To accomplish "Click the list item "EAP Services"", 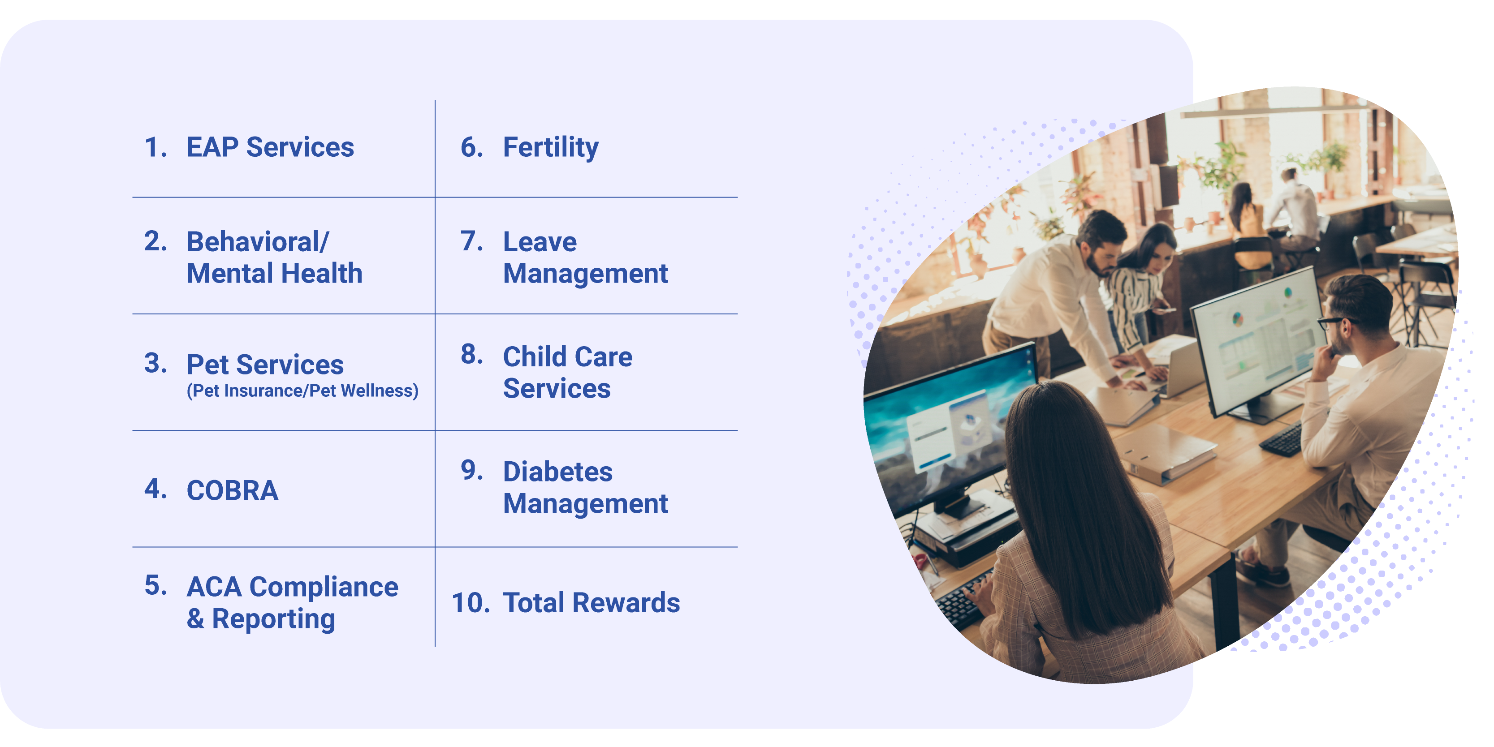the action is [270, 147].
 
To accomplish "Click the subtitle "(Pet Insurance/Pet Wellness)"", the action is [302, 391].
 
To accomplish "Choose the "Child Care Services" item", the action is [567, 372].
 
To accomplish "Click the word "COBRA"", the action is [232, 490].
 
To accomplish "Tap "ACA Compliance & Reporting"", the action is [292, 603].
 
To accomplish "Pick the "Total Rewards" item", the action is [591, 603].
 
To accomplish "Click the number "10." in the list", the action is [471, 603].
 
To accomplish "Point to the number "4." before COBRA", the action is [155, 489].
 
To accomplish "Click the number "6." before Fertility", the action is [471, 147].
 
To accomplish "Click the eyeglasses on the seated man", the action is [1334, 322].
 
